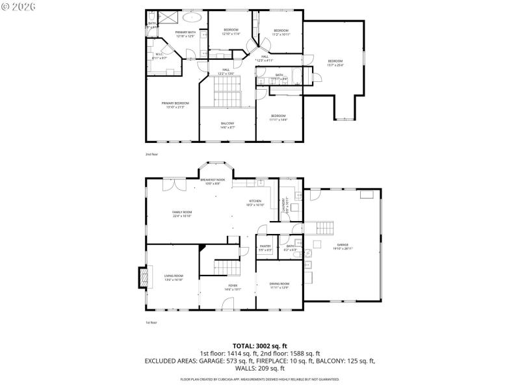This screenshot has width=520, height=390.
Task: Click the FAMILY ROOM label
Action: (x=182, y=214)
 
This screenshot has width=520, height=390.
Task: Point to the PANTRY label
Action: (x=265, y=247)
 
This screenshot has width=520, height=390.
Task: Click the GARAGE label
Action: (x=343, y=246)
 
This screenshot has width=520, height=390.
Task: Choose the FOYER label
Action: (x=232, y=287)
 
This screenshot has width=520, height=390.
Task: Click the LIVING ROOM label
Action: (x=174, y=278)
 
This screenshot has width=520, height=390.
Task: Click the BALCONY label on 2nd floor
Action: (x=227, y=125)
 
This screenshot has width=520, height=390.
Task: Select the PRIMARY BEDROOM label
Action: (x=175, y=105)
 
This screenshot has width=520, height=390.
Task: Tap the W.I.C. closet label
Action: (x=159, y=56)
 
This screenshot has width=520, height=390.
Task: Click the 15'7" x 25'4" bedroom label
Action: (x=335, y=62)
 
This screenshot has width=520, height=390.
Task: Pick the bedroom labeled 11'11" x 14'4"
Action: (x=278, y=118)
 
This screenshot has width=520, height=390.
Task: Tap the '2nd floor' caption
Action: (x=151, y=154)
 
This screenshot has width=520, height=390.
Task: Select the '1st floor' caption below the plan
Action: (x=151, y=322)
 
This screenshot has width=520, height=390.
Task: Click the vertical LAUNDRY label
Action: (x=283, y=206)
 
